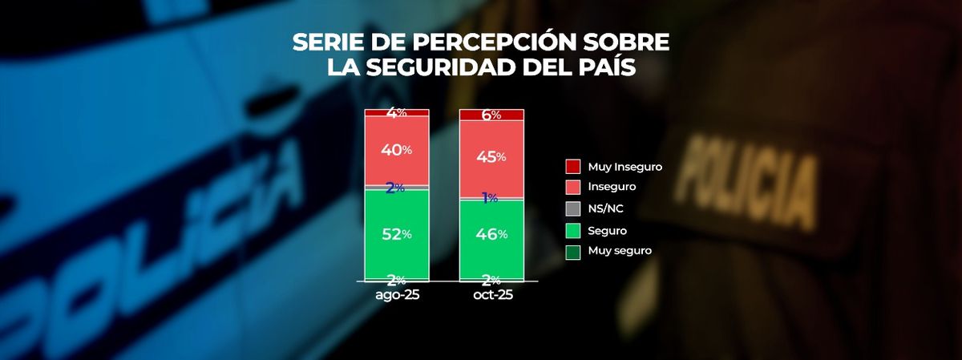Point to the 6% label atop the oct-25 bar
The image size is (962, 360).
coord(491,115)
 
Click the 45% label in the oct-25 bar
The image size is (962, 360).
coord(491,156)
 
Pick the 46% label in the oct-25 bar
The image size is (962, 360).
coord(491,234)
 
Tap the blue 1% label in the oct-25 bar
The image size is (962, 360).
coord(491,197)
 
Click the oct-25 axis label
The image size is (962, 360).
coord(491,295)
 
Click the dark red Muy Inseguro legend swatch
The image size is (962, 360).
coord(573,167)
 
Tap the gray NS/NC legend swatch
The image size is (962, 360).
coord(573,208)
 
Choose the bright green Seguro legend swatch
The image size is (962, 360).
coord(573,230)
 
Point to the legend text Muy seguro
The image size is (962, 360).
coord(620,251)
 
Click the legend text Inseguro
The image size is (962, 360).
coord(612,187)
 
